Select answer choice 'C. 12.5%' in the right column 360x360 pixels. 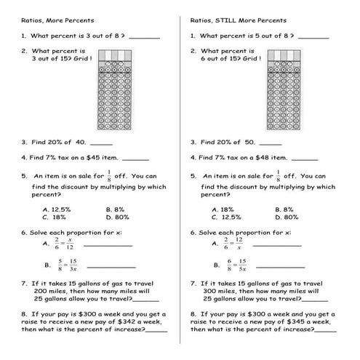tap(225, 217)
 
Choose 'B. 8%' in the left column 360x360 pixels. tap(115, 209)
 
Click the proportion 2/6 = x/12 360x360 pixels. tap(63, 244)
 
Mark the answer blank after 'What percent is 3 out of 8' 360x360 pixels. tap(145, 36)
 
